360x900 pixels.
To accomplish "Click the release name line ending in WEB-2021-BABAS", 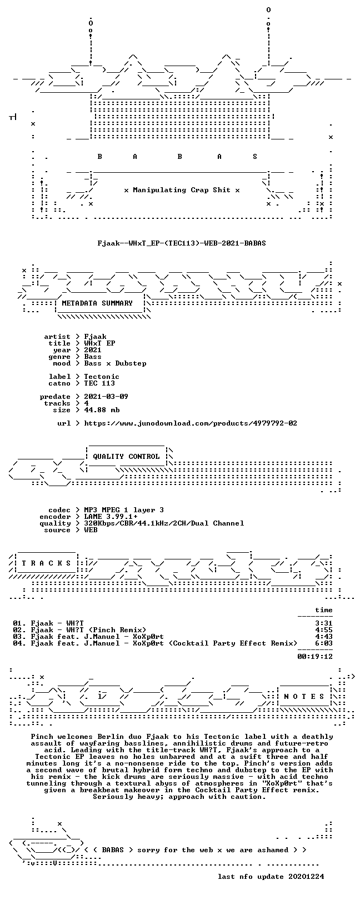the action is tap(182, 243).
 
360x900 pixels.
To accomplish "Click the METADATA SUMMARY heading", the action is tap(97, 303).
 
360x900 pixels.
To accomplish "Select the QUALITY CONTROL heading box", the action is tap(126, 457).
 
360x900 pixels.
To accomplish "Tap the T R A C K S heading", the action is tap(46, 563).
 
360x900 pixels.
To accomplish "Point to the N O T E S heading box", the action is tap(304, 696).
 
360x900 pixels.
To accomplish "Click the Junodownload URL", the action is tap(191, 423).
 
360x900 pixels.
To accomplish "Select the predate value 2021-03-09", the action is tap(106, 397).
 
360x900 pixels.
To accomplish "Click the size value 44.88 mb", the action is tap(102, 410).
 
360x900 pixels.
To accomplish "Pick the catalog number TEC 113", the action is tap(99, 383).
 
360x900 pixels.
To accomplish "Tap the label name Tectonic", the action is tap(102, 377).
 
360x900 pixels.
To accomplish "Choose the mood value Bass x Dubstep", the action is tap(115, 363).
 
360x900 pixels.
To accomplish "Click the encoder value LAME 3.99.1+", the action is tap(111, 517).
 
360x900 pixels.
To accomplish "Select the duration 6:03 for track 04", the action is tap(324, 643).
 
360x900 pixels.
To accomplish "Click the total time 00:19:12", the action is tap(315, 657).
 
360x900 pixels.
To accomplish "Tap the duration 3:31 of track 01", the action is tap(324, 623).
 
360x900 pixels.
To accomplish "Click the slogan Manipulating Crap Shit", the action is tap(182, 190).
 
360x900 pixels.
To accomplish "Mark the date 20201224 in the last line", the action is tap(306, 877).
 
